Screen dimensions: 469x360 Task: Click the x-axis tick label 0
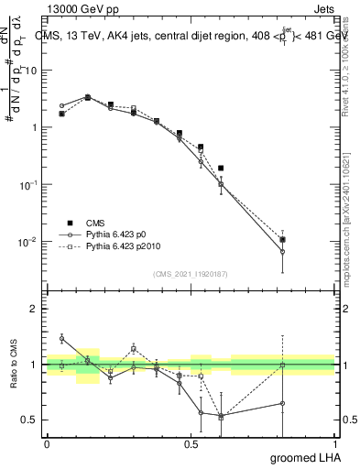[47, 443]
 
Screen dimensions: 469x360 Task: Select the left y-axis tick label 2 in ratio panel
[33, 310]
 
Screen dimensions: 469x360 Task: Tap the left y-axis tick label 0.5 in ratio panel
[29, 420]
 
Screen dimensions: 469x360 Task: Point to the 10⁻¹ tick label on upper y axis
[28, 185]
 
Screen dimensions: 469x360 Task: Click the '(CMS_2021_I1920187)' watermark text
[191, 273]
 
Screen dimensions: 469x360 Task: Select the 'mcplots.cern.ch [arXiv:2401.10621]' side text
[351, 206]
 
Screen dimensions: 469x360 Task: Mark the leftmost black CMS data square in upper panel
[62, 114]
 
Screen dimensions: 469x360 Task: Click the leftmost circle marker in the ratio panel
[62, 338]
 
